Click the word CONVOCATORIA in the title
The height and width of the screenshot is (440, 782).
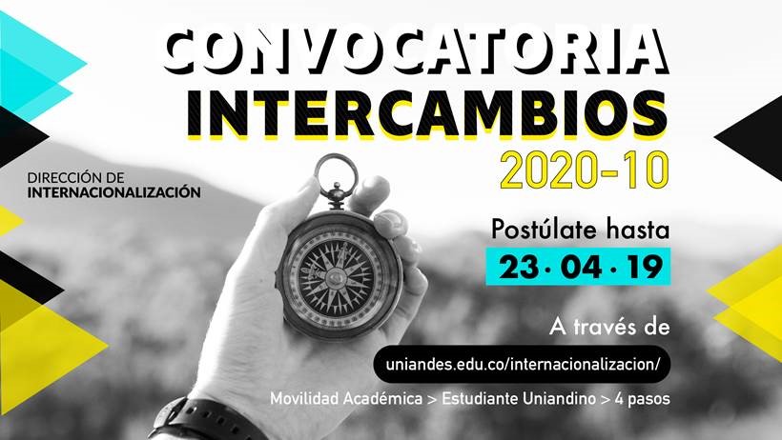(415, 50)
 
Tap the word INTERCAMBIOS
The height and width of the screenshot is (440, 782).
(427, 113)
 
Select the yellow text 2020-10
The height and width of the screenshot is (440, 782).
(584, 170)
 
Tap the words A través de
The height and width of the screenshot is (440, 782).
(609, 328)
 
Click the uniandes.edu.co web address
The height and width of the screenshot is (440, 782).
(523, 364)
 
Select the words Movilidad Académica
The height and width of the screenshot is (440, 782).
(346, 399)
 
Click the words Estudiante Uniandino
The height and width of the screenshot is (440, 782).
(519, 399)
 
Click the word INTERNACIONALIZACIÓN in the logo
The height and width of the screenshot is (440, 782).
(114, 191)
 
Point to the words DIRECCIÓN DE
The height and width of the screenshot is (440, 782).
(75, 177)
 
